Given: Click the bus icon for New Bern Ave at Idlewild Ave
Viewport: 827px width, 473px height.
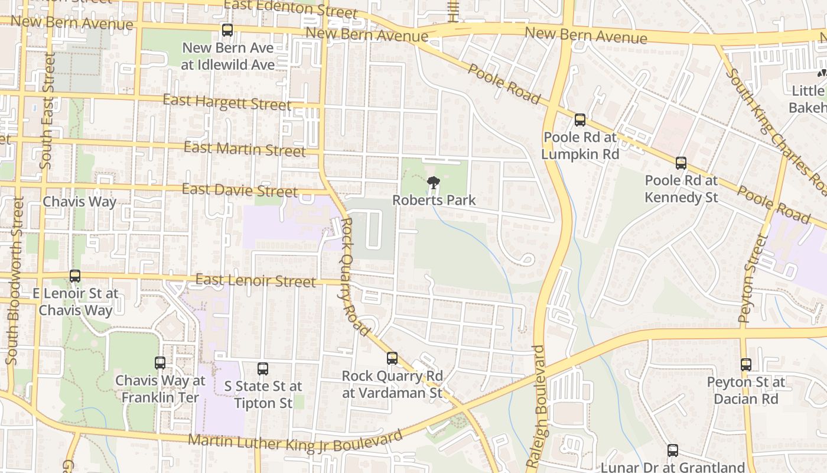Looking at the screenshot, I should (227, 30).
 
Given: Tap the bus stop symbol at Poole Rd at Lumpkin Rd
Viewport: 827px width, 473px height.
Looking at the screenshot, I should (580, 120).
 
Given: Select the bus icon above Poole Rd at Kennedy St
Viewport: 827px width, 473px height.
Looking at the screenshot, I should (681, 163).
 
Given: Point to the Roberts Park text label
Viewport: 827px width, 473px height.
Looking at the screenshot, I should (434, 200).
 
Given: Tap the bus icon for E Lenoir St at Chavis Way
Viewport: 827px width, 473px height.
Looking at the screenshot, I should (75, 276).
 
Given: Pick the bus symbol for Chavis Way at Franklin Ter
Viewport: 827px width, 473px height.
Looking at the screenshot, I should (160, 363).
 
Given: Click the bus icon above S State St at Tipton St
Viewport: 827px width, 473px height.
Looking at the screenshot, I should (263, 369).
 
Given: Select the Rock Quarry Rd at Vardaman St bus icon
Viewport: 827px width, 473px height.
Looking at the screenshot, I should (392, 358).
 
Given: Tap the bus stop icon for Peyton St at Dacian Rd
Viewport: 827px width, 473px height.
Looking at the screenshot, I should (746, 365).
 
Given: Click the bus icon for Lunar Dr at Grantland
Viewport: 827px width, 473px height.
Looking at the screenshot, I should (673, 451).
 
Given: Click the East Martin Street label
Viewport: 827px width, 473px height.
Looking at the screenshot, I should (245, 148).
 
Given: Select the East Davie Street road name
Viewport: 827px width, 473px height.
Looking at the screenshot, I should (240, 190).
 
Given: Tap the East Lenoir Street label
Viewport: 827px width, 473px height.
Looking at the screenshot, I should (255, 280).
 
